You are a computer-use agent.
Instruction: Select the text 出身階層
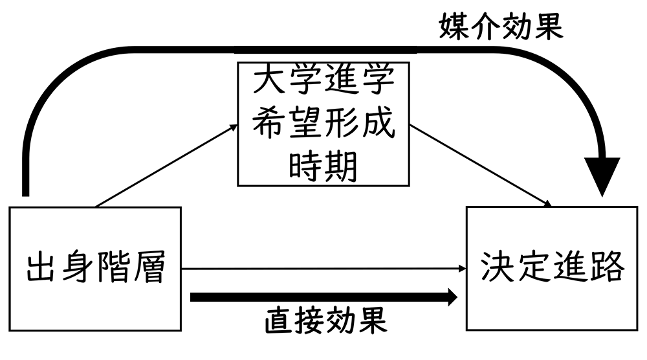(94, 268)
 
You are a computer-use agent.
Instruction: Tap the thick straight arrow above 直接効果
(323, 297)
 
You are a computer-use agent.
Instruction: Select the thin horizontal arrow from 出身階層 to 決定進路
(323, 268)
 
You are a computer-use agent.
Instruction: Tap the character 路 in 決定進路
(606, 267)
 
